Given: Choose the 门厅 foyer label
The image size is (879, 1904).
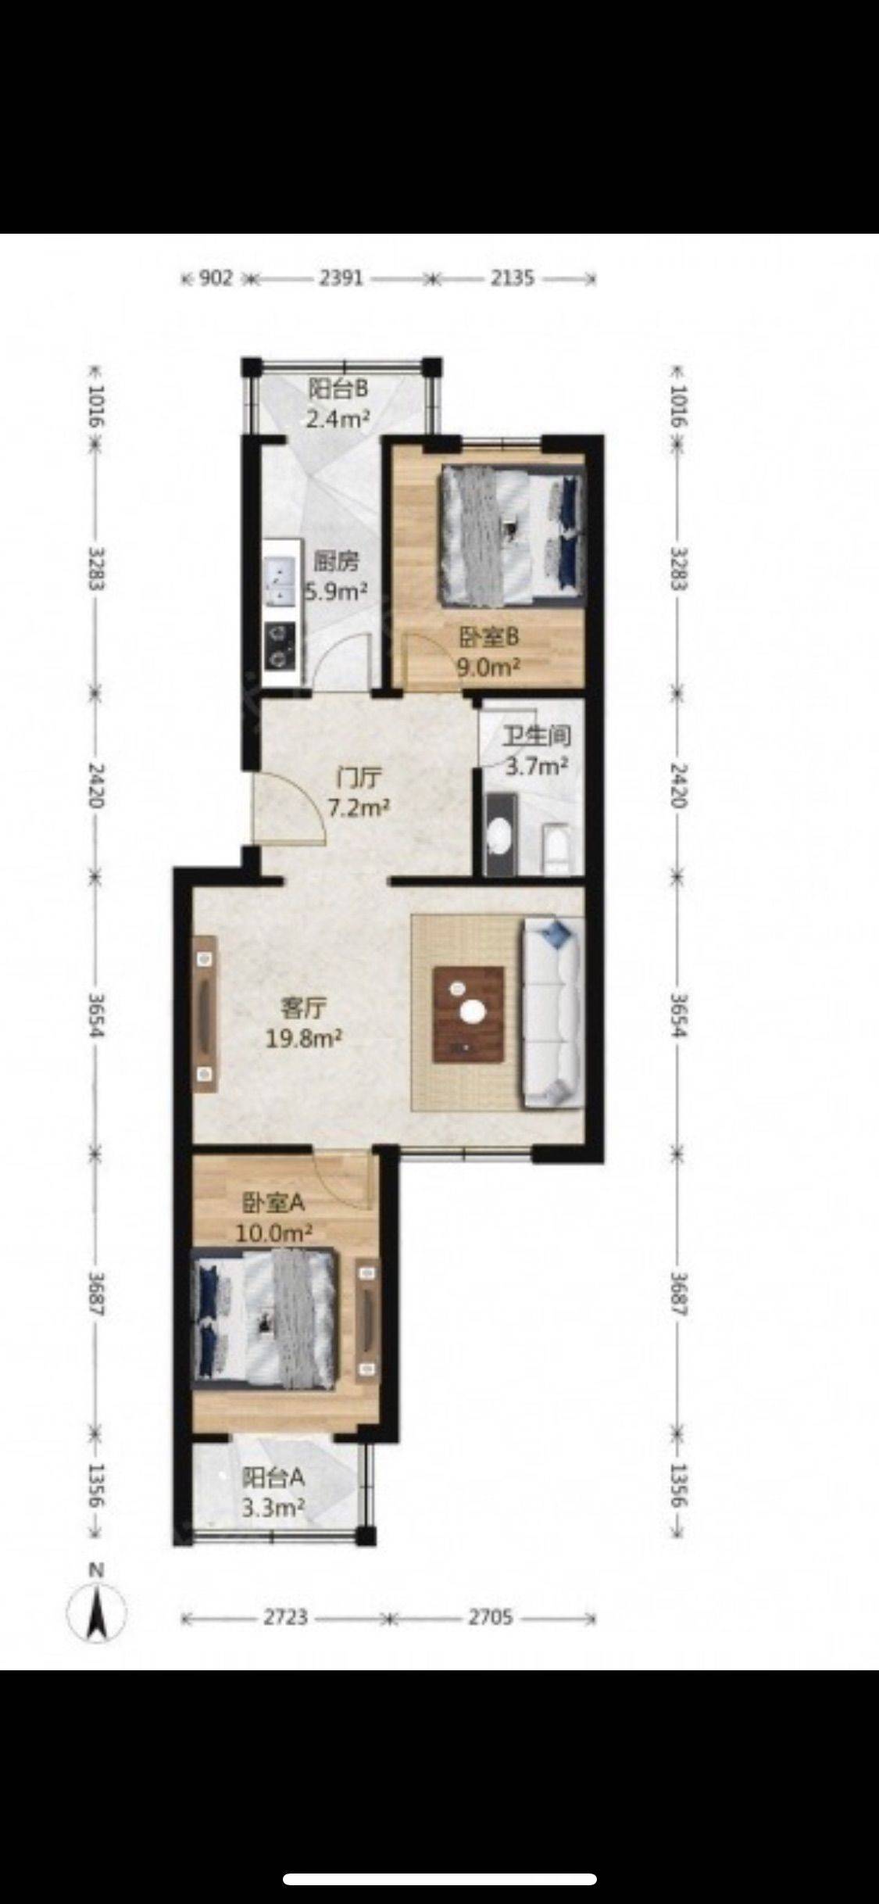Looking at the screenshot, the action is point(359,778).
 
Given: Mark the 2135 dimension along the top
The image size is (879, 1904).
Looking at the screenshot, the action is point(512,277).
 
